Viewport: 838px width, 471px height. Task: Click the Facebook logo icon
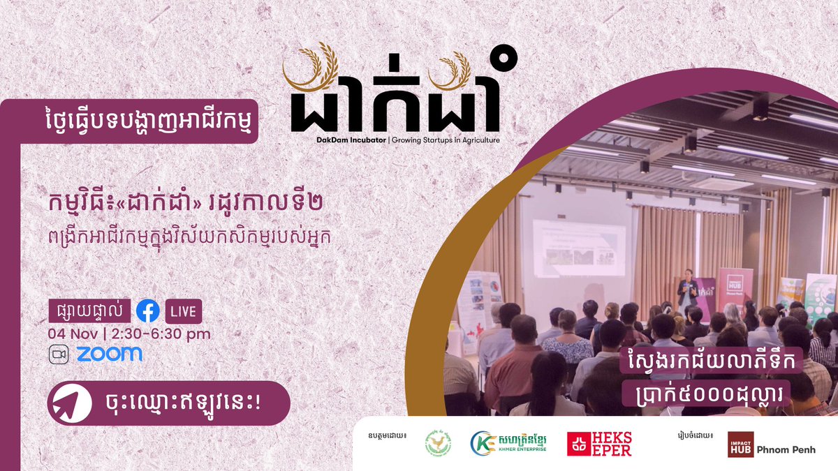(148, 311)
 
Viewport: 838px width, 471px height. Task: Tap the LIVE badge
(183, 311)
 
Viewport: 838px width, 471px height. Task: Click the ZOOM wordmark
(109, 354)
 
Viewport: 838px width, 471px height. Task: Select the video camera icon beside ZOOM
(59, 354)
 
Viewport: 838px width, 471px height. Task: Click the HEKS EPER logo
(599, 444)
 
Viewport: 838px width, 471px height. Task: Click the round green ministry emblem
(439, 444)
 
